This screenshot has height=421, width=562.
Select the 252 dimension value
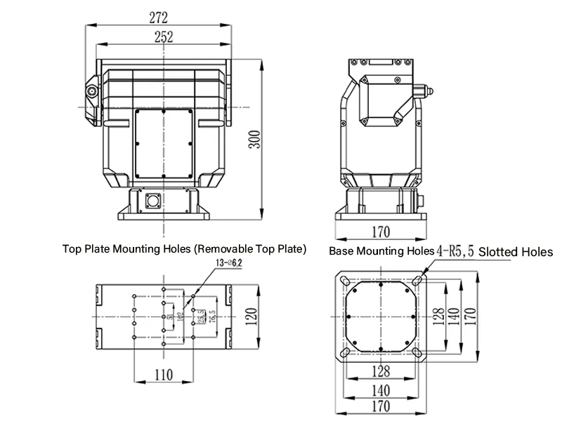pos(163,38)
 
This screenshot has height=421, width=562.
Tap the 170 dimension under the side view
pos(381,231)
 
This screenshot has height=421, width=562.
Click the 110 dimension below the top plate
pos(163,375)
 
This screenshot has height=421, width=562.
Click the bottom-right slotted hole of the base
pos(417,352)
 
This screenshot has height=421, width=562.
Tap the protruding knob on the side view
pos(426,91)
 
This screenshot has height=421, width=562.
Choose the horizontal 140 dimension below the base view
pos(381,390)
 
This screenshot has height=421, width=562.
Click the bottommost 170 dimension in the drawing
pos(381,406)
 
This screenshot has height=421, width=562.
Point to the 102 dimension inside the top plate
pos(181,317)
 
